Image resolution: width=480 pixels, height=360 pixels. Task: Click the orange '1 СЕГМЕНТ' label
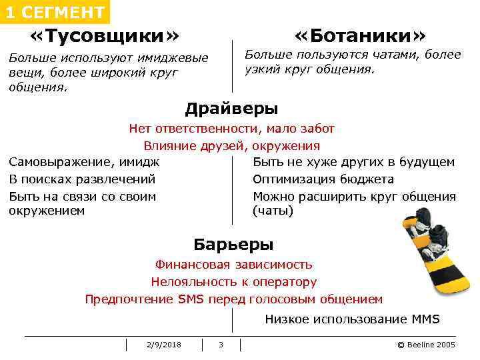55,12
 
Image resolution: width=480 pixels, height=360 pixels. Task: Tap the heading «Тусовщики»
105,35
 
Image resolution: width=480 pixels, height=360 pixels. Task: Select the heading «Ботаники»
360,35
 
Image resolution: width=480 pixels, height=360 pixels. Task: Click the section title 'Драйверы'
231,108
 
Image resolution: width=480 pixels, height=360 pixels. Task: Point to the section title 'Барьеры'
233,244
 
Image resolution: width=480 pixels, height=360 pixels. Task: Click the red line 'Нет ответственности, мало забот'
231,129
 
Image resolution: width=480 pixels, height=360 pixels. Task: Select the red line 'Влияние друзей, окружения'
231,146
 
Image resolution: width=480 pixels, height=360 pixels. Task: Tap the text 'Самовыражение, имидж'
84,162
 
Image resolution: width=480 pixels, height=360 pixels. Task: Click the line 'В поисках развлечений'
82,179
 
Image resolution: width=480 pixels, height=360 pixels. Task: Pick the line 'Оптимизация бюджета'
323,179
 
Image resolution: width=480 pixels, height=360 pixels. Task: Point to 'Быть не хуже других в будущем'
354,162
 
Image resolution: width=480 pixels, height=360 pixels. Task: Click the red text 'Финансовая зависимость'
233,265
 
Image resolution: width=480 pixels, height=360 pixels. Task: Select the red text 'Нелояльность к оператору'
233,282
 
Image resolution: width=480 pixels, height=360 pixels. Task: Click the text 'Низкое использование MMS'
352,319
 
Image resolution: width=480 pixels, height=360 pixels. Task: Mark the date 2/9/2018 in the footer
164,344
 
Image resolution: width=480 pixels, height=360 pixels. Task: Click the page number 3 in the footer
221,344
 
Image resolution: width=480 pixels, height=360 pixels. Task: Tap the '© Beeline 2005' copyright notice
426,344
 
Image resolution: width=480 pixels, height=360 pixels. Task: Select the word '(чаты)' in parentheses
273,211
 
